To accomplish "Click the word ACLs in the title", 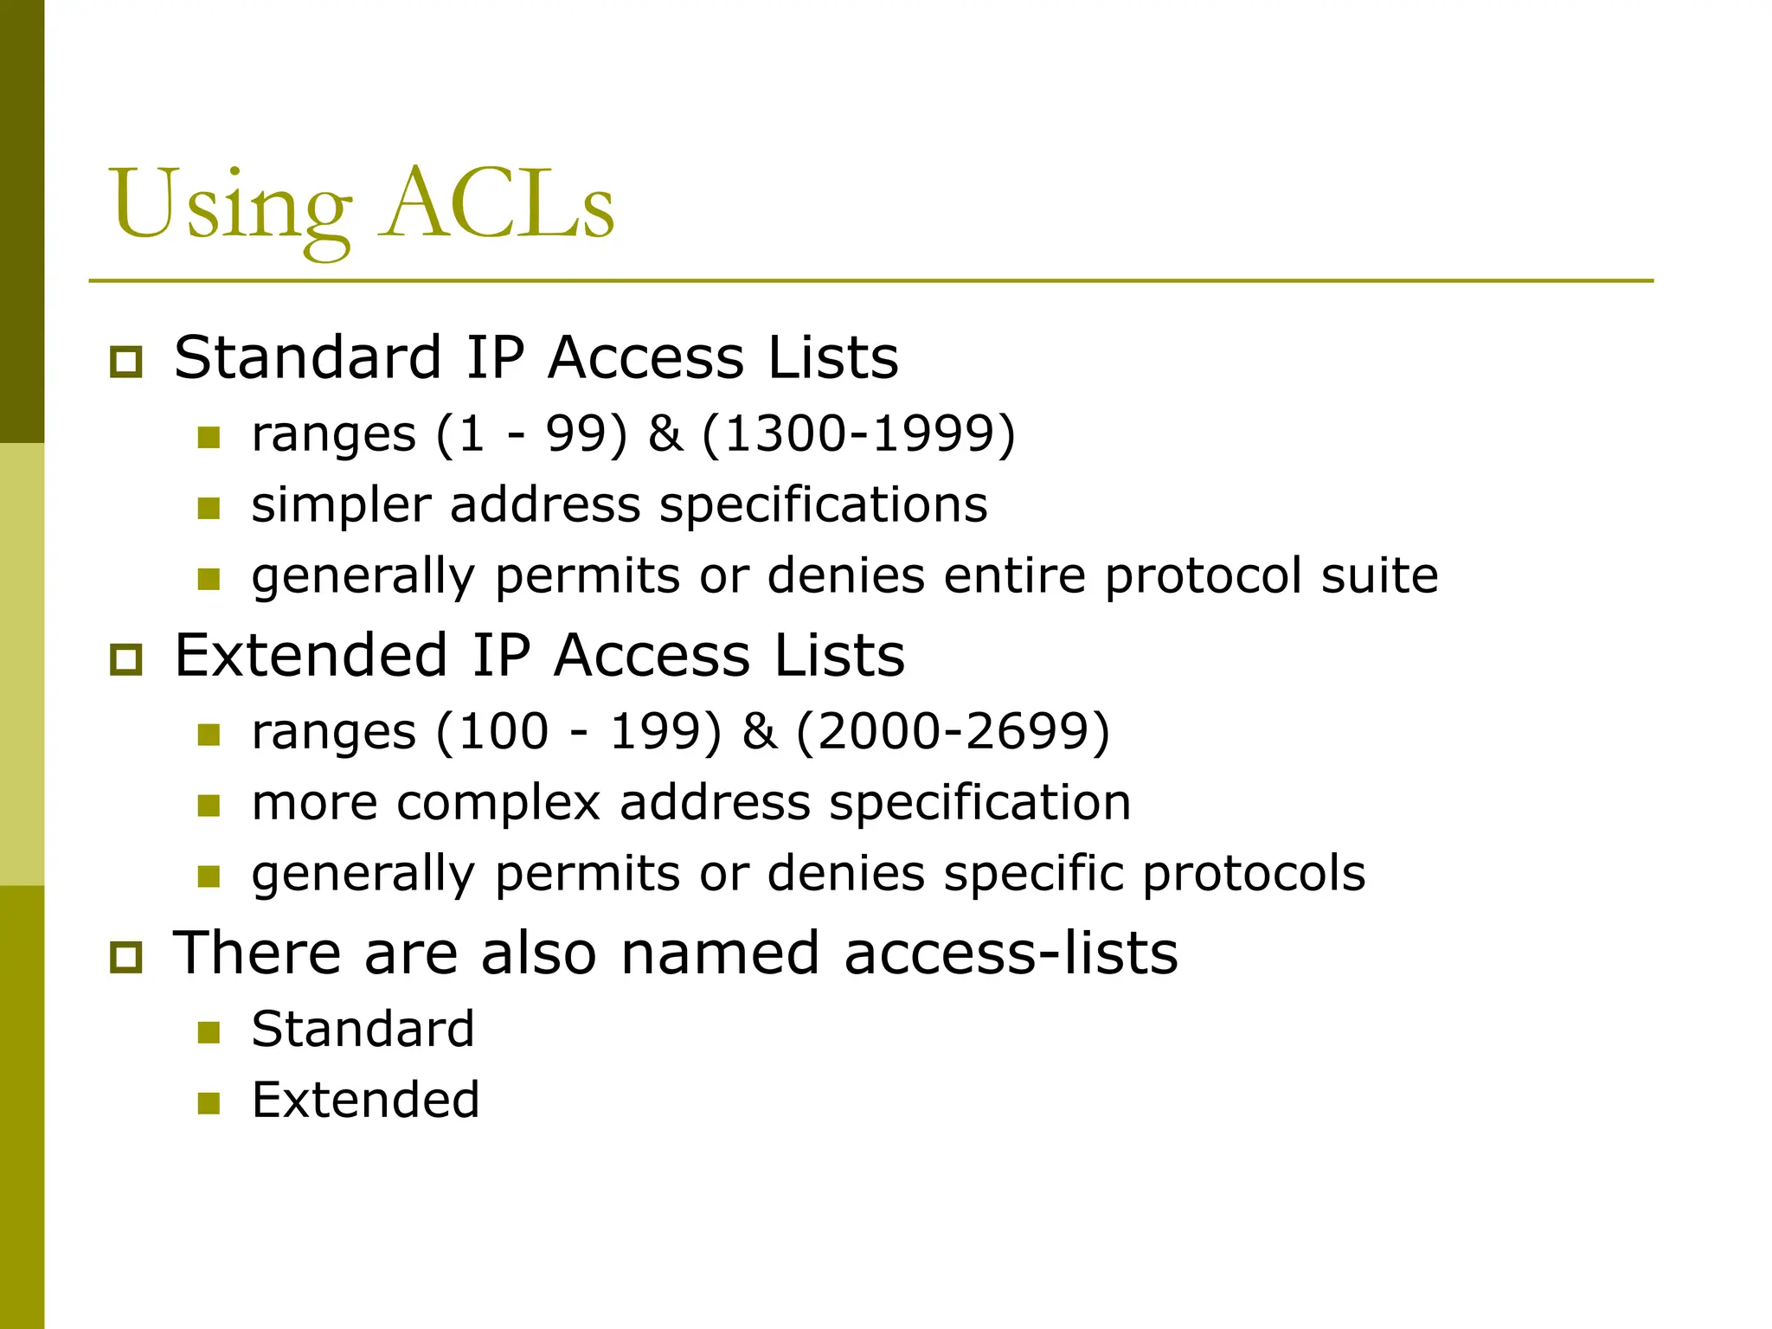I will (x=499, y=205).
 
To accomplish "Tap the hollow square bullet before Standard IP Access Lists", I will (x=126, y=361).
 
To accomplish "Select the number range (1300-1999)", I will (x=858, y=433).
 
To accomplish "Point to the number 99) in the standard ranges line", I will (x=586, y=433).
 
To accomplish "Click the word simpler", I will (x=340, y=506).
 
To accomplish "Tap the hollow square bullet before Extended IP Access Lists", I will (x=126, y=658).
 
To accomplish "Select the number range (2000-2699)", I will (x=953, y=731).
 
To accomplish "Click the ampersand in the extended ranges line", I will (x=759, y=731).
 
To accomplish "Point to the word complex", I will (x=498, y=803).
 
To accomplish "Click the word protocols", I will (x=1254, y=873).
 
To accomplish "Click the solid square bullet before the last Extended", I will (x=209, y=1102).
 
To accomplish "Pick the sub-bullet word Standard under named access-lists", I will (x=363, y=1029).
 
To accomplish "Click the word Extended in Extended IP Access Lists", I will (x=311, y=655).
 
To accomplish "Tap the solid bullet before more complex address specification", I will (x=209, y=806).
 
